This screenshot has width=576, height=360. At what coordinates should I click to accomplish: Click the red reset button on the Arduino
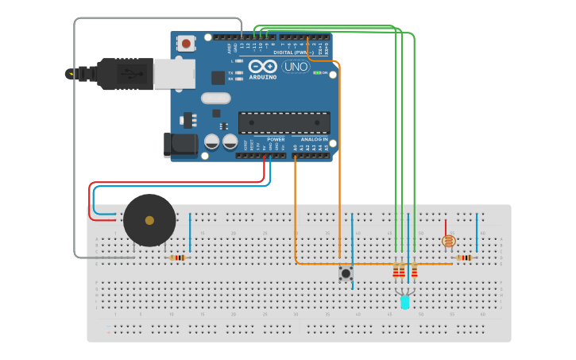tap(186, 44)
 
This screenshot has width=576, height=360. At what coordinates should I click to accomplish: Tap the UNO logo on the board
tap(295, 67)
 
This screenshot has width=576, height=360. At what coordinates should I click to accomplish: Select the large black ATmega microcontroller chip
tap(284, 122)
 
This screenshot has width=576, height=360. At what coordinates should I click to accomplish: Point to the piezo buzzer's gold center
tap(149, 220)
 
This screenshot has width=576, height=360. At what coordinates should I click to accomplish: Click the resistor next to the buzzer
tap(177, 257)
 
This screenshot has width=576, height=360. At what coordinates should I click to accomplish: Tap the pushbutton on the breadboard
tap(346, 273)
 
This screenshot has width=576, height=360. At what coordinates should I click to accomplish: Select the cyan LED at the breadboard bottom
tap(404, 302)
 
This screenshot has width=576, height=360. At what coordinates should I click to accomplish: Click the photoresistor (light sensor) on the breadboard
tap(449, 240)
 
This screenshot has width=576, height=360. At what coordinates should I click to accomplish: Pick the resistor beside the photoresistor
tap(464, 257)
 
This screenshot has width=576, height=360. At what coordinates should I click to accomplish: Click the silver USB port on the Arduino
tap(174, 74)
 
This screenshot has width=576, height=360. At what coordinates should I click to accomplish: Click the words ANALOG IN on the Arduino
tap(315, 139)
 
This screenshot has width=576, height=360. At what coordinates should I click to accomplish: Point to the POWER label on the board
tap(276, 139)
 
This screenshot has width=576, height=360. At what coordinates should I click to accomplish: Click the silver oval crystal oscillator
tap(215, 99)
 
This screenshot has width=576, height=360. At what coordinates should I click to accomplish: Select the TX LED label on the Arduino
tap(231, 72)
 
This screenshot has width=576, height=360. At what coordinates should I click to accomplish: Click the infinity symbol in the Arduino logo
tap(262, 67)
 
